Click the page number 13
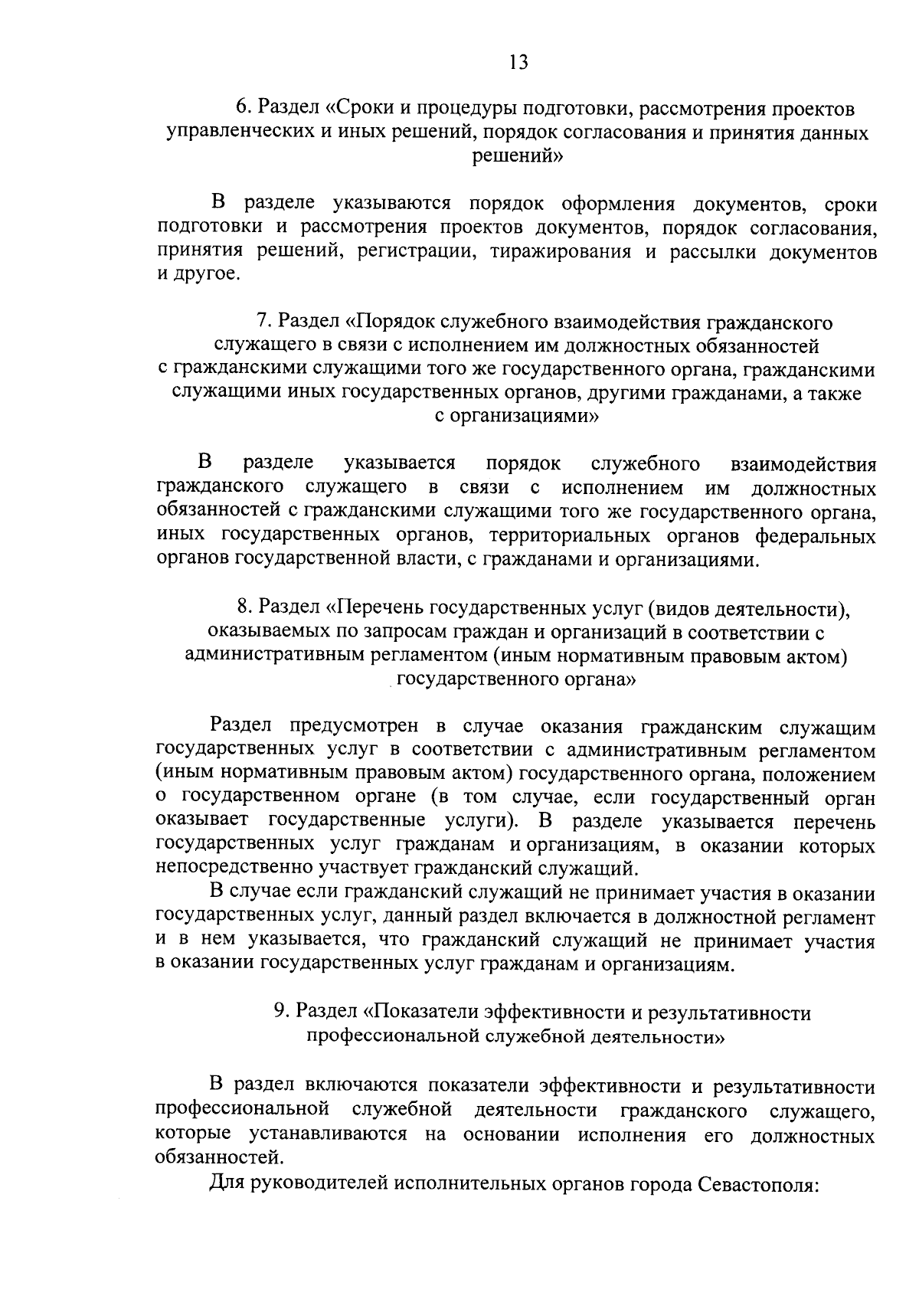518,62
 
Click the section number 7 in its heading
261,321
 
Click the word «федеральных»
816,535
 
